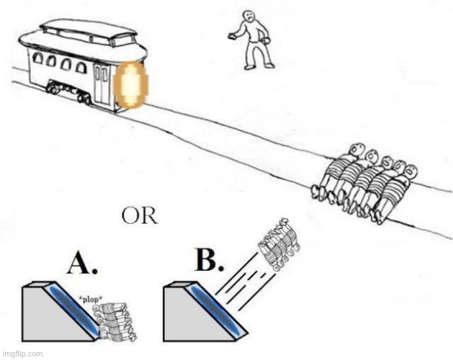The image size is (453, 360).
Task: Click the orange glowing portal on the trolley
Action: pyautogui.click(x=130, y=85)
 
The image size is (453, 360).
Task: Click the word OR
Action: pyautogui.click(x=138, y=215)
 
